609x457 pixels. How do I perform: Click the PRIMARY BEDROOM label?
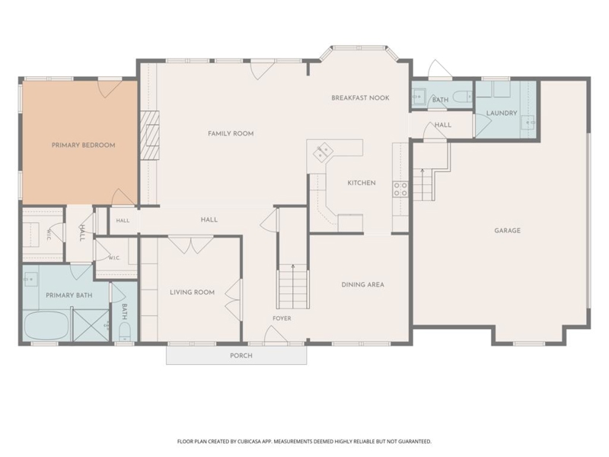click(x=84, y=145)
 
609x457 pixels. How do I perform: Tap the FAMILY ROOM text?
click(x=231, y=134)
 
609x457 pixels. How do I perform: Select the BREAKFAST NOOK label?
click(x=360, y=98)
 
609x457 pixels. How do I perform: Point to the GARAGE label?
click(x=507, y=231)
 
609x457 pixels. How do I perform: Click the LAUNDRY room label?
click(x=502, y=113)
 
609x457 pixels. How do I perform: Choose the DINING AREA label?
click(x=363, y=285)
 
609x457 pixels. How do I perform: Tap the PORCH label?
click(x=241, y=356)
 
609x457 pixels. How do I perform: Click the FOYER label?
click(x=282, y=318)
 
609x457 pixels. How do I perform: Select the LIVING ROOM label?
click(x=193, y=292)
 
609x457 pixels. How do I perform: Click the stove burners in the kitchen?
click(x=401, y=189)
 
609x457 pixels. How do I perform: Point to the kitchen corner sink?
click(x=323, y=152)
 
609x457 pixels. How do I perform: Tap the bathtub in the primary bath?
click(x=46, y=326)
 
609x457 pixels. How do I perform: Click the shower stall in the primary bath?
click(x=91, y=326)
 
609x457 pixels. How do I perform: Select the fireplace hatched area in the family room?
click(x=149, y=136)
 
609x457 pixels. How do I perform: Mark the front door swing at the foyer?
click(x=275, y=335)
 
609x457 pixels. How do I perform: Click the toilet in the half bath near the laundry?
click(x=464, y=96)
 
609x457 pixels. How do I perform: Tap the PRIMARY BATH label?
click(x=69, y=296)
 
